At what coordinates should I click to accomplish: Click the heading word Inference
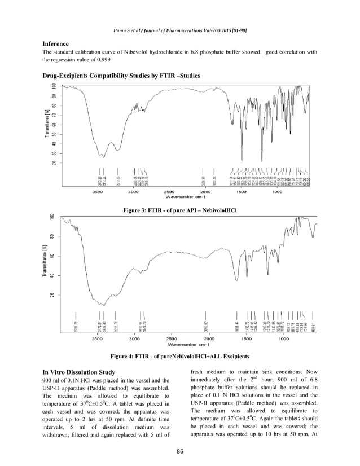pyautogui.click(x=56, y=43)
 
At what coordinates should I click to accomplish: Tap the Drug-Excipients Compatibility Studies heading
pyautogui.click(x=121, y=75)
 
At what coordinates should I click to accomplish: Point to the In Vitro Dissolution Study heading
pyautogui.click(x=79, y=372)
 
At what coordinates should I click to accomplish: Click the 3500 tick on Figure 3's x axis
pyautogui.click(x=98, y=192)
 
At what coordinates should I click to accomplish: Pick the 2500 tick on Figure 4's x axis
pyautogui.click(x=172, y=341)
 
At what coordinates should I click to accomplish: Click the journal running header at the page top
pyautogui.click(x=179, y=28)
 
